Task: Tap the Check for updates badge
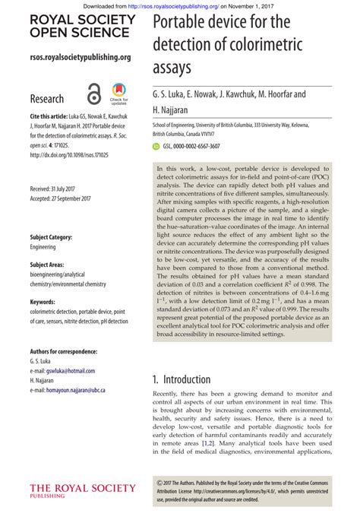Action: [118, 94]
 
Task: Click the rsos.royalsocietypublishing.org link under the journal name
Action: [80, 57]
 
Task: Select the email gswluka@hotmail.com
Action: [74, 371]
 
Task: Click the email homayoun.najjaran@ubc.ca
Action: [77, 390]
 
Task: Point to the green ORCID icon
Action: [156, 145]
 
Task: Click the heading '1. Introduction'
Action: [182, 379]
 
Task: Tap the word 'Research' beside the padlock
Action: [47, 99]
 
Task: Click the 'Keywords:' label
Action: [43, 302]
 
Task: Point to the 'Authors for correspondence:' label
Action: [63, 352]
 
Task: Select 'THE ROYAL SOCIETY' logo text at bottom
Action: [82, 488]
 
